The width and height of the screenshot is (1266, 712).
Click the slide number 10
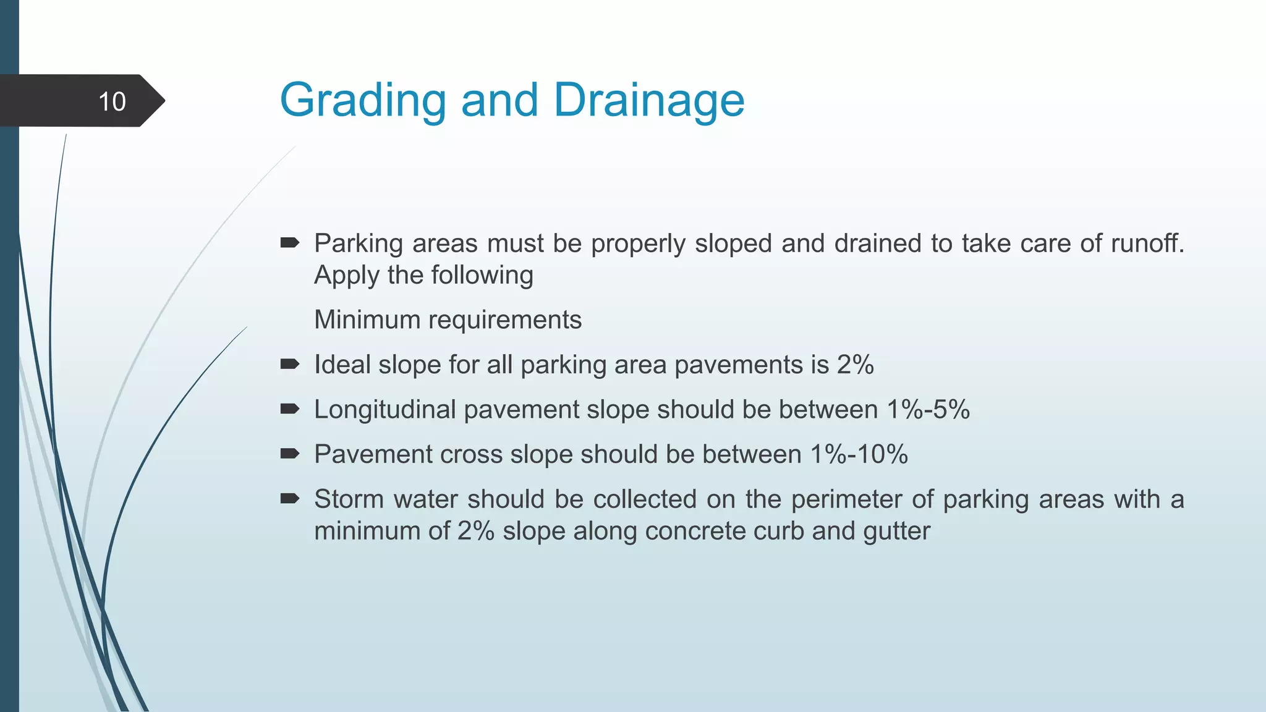pos(112,101)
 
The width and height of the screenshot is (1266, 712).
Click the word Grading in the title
pos(362,100)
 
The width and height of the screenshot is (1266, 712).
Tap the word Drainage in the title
pos(648,100)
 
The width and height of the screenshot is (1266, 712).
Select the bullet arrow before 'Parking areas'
pos(289,243)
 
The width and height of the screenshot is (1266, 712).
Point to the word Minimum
pos(367,320)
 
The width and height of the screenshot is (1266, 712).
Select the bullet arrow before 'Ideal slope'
pos(289,364)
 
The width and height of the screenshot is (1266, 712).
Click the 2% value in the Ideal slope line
pos(855,365)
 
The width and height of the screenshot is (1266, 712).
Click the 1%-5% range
pos(928,409)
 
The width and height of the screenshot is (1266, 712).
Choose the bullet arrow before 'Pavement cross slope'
pos(289,454)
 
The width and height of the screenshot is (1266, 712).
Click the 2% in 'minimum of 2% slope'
pos(475,531)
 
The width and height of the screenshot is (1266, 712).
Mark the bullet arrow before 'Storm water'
pos(289,499)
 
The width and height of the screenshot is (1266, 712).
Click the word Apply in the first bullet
pos(346,275)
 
